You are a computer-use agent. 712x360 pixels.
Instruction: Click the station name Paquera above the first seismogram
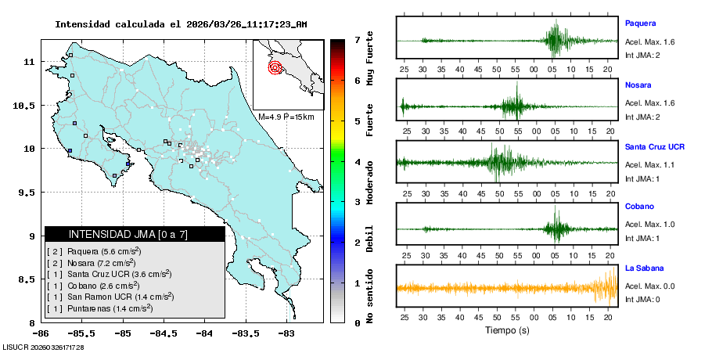point(640,23)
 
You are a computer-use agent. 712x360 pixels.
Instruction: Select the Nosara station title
point(638,85)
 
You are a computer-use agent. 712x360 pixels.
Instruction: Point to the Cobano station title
point(639,207)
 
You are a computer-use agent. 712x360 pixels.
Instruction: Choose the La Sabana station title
point(644,268)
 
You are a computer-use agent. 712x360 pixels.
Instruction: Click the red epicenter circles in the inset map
point(275,67)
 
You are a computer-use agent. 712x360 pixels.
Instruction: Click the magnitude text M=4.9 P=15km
point(286,117)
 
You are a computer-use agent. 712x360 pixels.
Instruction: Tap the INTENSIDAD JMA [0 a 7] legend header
point(128,234)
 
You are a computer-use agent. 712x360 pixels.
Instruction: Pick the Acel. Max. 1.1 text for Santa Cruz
point(649,164)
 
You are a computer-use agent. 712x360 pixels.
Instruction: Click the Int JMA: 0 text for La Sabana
point(642,300)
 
